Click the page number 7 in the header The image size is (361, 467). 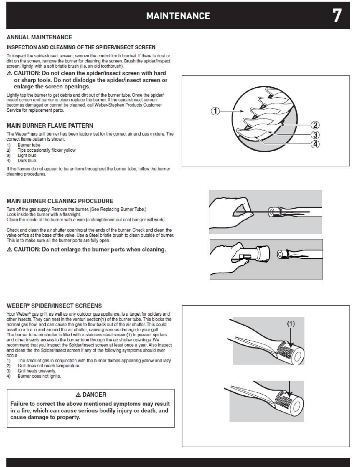click(337, 15)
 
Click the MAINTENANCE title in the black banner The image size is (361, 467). click(178, 16)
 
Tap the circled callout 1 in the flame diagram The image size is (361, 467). click(215, 111)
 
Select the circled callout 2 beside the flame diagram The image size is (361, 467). click(315, 125)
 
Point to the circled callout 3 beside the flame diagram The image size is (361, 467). click(315, 135)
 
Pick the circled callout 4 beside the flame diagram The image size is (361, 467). click(315, 144)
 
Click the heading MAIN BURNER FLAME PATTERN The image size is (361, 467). click(50, 126)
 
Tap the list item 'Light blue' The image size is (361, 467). click(27, 155)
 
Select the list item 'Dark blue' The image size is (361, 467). click(27, 161)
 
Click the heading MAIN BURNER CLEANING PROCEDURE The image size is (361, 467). click(60, 201)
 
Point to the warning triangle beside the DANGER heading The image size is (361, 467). click(78, 395)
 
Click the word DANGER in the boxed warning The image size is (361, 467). click(94, 395)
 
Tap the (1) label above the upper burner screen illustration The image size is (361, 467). click(291, 324)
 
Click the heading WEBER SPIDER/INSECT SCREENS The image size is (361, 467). click(54, 306)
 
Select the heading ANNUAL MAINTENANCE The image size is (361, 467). click(39, 37)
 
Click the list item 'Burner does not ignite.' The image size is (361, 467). click(39, 376)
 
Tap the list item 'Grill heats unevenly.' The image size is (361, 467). click(37, 371)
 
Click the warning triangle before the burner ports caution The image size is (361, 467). click(9, 250)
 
